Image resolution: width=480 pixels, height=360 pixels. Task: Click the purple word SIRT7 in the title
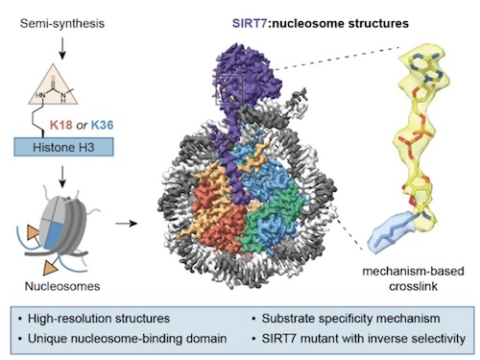(x=250, y=23)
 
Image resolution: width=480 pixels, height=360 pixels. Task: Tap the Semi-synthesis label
(x=62, y=23)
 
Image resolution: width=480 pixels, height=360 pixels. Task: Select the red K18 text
(x=61, y=125)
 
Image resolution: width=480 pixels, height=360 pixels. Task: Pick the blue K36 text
(x=103, y=125)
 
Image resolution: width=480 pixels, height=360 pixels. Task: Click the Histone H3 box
(x=63, y=147)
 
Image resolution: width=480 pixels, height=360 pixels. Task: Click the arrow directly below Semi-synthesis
(x=62, y=48)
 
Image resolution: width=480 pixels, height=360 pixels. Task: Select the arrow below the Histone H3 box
(x=62, y=177)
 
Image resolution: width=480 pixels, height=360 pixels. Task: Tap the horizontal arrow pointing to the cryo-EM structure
(x=127, y=223)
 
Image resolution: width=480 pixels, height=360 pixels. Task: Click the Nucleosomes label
(x=62, y=286)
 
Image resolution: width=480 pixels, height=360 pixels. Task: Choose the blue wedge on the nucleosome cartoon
(x=53, y=234)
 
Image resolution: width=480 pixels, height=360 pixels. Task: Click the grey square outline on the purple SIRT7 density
(x=229, y=89)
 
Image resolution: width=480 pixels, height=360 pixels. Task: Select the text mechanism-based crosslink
(x=413, y=278)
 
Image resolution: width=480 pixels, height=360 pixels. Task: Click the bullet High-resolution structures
(x=94, y=319)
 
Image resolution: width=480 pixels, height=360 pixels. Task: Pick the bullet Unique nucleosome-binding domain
(x=123, y=339)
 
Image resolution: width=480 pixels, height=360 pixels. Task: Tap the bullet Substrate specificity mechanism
(x=346, y=319)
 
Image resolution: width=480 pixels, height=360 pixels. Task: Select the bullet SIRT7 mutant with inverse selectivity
(x=358, y=339)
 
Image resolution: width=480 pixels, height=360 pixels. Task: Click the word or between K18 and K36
(x=82, y=125)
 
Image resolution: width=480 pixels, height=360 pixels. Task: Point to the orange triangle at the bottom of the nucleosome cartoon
(x=50, y=266)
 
